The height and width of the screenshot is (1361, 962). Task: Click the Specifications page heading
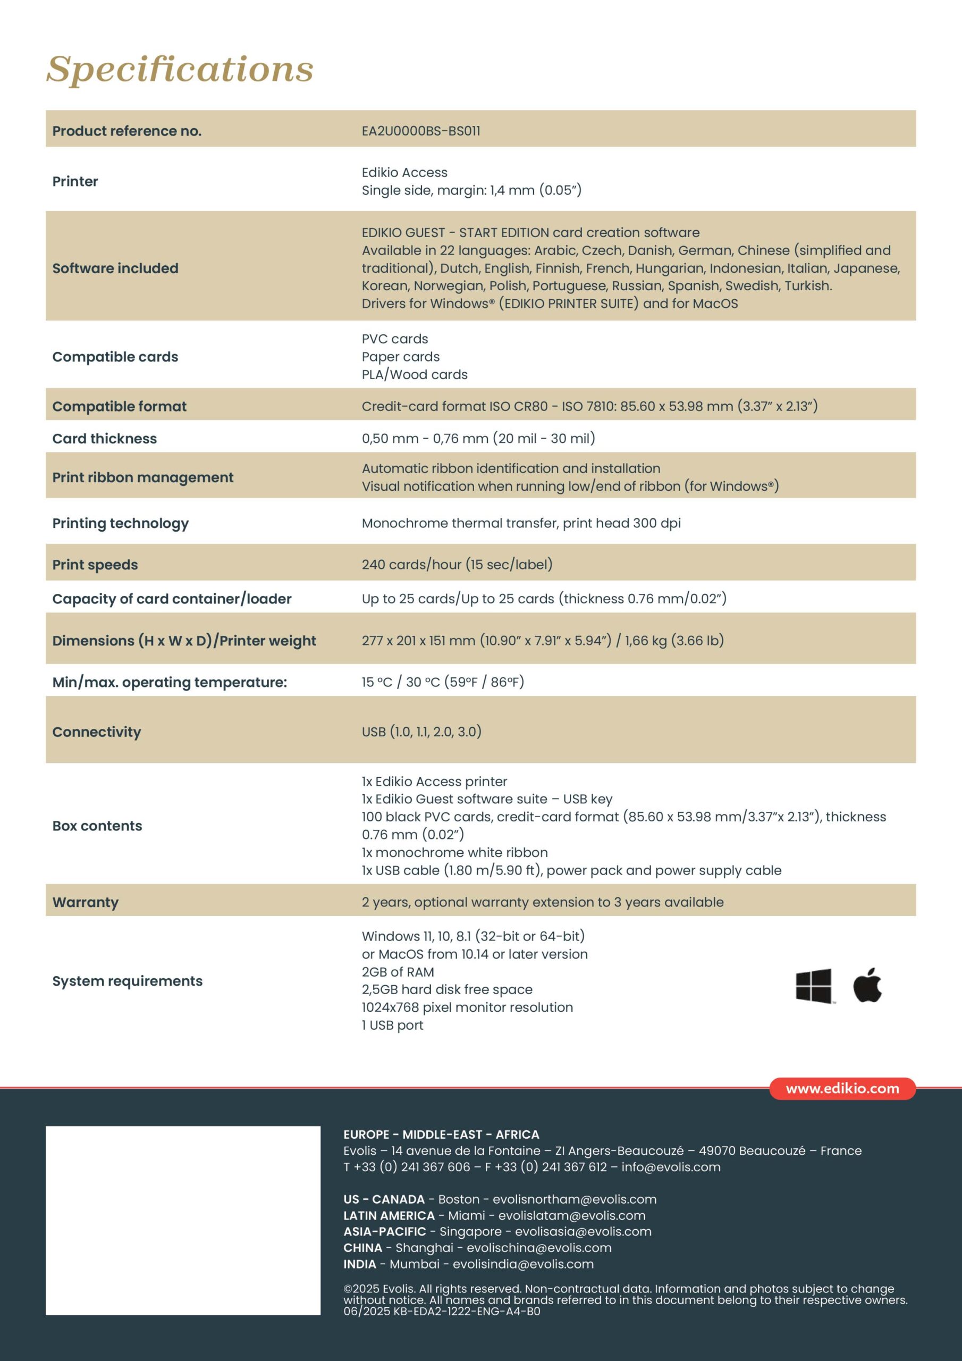pos(180,69)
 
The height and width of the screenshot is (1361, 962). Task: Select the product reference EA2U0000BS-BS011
pos(421,131)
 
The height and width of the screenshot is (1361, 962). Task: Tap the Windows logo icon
pos(814,986)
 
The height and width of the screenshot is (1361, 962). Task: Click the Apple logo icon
pos(867,985)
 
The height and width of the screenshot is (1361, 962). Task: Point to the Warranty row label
pos(86,902)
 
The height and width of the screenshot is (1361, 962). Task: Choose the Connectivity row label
pos(97,732)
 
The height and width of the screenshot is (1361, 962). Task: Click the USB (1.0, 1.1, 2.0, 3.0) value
pos(421,732)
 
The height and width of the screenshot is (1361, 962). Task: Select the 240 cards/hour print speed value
pos(457,564)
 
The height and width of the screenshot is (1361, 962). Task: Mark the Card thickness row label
pos(104,439)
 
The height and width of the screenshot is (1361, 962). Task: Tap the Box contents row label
pos(97,826)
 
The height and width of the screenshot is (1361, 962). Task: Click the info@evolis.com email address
pos(671,1166)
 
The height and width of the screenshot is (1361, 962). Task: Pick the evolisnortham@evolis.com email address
pos(575,1199)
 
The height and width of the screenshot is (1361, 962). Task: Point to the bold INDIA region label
pos(360,1264)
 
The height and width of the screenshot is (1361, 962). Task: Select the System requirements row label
pos(128,981)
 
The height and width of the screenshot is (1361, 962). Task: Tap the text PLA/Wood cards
pos(415,375)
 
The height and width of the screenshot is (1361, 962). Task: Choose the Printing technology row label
pos(120,523)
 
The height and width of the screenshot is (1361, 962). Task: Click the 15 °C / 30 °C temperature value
pos(443,682)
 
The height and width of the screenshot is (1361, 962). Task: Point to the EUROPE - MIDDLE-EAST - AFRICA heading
pos(441,1135)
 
